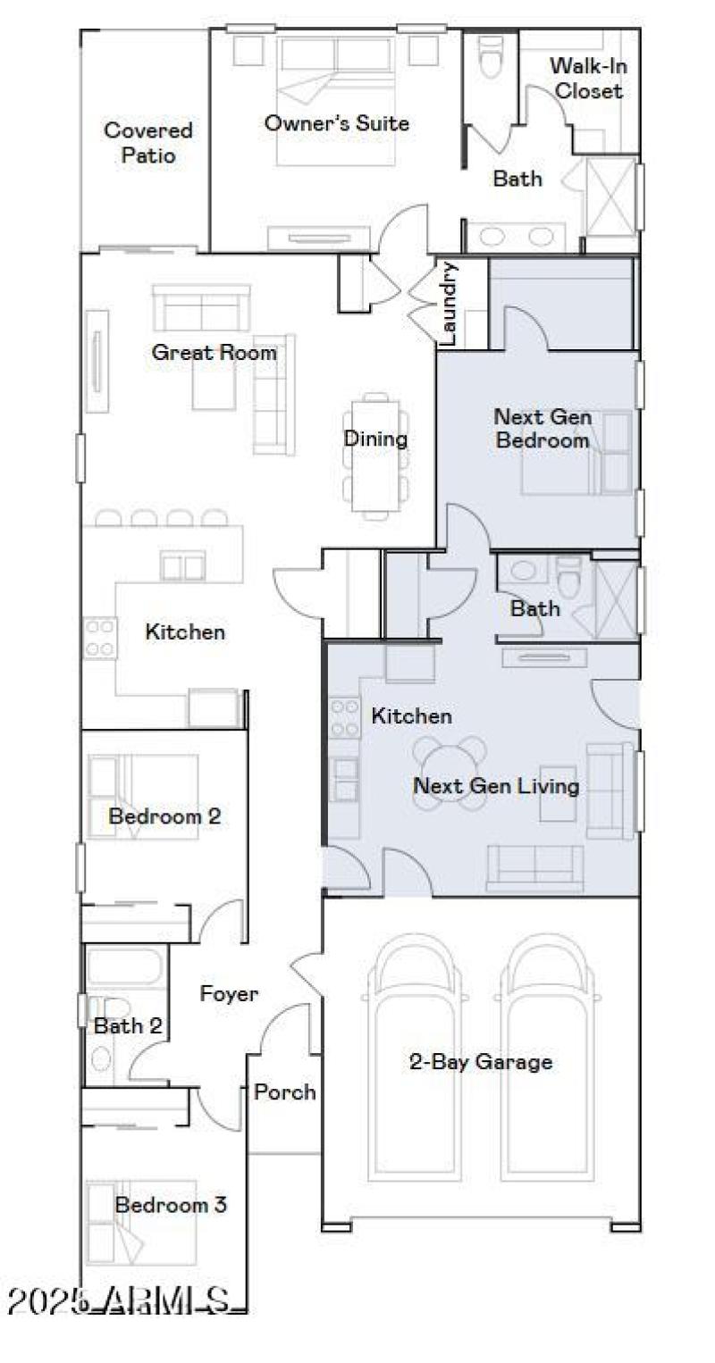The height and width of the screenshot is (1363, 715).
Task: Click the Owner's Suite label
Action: [336, 123]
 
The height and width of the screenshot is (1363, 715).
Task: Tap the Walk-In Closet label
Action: [585, 78]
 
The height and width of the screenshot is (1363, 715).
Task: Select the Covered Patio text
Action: [147, 143]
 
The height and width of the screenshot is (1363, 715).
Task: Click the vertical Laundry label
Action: [450, 304]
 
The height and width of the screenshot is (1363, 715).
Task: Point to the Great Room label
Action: [214, 352]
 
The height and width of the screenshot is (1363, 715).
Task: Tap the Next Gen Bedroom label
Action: [542, 428]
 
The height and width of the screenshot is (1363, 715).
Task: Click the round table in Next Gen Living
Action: [450, 771]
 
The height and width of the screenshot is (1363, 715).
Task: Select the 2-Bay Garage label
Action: [480, 1062]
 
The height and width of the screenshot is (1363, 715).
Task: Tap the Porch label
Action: [284, 1091]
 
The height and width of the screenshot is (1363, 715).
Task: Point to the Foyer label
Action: [229, 993]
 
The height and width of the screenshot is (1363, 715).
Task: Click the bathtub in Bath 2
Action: [126, 966]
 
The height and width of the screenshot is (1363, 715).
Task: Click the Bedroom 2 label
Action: [164, 816]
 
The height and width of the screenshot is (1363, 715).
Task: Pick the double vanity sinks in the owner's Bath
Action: [516, 237]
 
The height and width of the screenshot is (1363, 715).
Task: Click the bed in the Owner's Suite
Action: [335, 98]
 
